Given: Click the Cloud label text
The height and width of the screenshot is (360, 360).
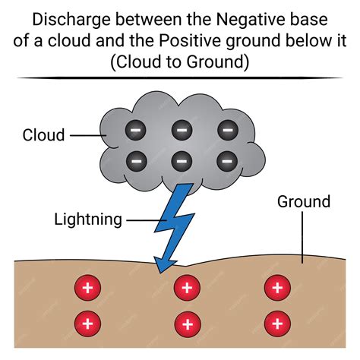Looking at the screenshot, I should coord(45,135).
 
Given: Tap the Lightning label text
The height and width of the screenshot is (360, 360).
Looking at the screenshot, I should coord(88,219).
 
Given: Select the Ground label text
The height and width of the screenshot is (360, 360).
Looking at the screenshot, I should coord(304,201).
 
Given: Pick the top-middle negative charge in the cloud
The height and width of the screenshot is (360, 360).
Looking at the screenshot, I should coord(181,131).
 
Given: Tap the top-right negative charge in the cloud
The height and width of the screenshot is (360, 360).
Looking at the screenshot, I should coord(226,131).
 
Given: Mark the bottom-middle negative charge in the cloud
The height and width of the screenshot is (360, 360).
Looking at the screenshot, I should coord(181,160).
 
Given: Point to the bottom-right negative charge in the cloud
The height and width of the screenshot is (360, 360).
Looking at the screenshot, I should coord(226,160).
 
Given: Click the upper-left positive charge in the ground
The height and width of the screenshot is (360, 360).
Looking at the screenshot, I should coord(87,289).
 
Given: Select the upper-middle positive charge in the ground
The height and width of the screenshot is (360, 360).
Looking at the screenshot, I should coord(187,289).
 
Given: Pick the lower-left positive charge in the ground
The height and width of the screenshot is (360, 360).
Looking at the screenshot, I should coord(87,323).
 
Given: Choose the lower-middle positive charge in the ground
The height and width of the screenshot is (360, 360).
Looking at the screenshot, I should coord(187,323).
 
